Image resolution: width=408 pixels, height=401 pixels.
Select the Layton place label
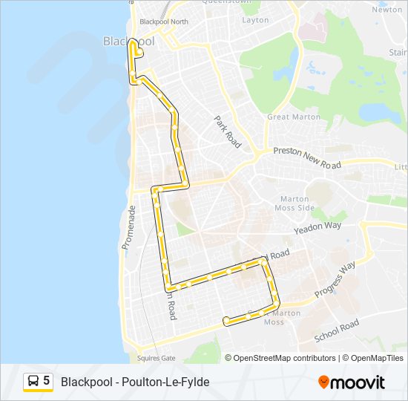255,20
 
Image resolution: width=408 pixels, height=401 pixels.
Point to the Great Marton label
294,117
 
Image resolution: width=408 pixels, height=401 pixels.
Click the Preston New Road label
306,156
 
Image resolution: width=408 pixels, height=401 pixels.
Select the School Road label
336,330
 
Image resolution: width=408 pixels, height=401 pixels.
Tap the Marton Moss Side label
296,203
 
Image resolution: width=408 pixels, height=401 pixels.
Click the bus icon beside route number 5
33,382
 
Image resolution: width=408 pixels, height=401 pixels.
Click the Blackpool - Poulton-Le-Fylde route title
135,382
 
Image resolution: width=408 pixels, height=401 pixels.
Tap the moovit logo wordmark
358,382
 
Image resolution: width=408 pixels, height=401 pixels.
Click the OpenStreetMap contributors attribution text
284,358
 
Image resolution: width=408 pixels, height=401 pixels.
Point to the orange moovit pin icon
323,382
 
